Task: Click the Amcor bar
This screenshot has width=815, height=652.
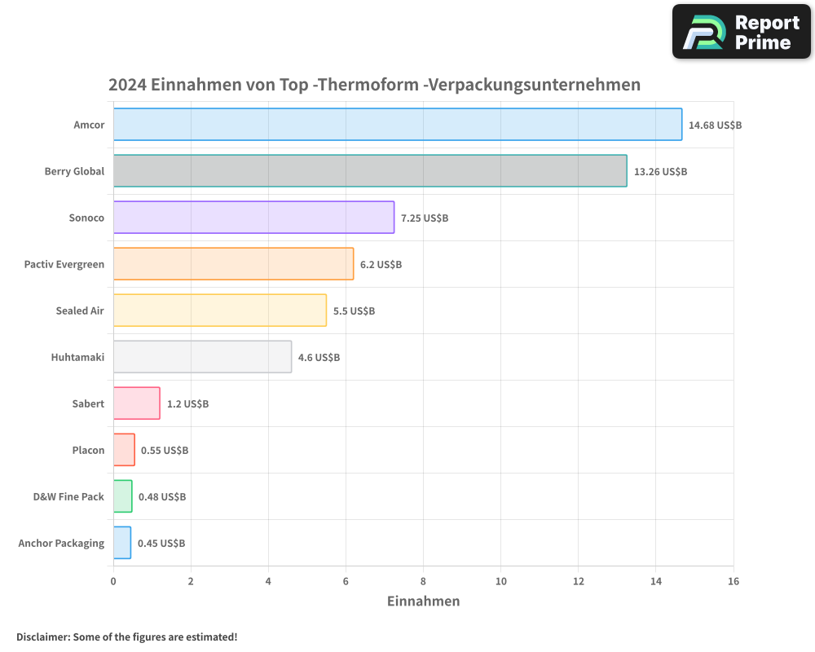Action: (397, 125)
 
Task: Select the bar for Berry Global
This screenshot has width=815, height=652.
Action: (370, 171)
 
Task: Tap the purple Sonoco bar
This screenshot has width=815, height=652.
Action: (253, 218)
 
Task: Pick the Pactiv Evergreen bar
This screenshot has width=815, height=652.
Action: (233, 264)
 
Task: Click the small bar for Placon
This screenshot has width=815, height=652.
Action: (124, 450)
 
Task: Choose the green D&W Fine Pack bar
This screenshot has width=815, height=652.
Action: (122, 496)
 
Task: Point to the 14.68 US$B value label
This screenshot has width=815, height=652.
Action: (715, 126)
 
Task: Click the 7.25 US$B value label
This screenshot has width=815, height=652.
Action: (425, 218)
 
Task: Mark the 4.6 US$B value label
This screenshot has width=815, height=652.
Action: (319, 358)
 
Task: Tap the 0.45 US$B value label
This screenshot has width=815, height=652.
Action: (161, 544)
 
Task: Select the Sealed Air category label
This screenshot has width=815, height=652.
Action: (80, 311)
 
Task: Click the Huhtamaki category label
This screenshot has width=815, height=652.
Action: (77, 357)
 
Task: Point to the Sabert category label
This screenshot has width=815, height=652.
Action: (88, 403)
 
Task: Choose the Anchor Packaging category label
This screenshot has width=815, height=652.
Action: (61, 543)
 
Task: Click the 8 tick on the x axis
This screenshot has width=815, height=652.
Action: (423, 581)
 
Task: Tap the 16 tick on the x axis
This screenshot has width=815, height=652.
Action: (733, 581)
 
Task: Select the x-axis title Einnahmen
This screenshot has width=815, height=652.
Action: (423, 601)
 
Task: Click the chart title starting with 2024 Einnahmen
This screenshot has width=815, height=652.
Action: (374, 85)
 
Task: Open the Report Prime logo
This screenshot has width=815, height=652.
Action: (742, 32)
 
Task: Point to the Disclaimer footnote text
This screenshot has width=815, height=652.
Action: (127, 637)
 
